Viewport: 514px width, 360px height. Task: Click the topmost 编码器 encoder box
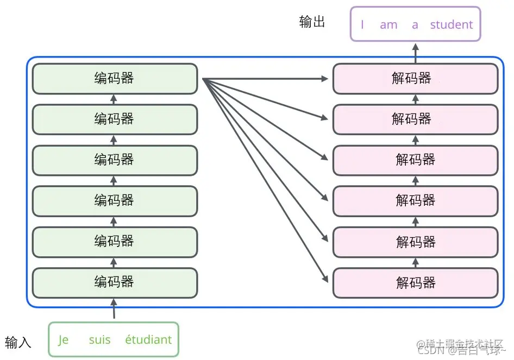[115, 79]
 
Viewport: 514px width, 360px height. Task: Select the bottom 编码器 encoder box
[115, 282]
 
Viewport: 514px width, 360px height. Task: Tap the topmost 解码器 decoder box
[415, 79]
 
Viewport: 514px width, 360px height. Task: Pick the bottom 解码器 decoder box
[415, 283]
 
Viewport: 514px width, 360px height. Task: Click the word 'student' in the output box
[451, 24]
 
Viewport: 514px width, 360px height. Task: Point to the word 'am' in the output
[388, 24]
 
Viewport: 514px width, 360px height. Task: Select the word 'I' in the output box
[362, 24]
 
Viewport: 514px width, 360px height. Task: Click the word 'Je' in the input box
[64, 340]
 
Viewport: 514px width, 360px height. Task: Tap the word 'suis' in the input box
[99, 340]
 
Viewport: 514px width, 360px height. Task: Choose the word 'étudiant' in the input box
[148, 340]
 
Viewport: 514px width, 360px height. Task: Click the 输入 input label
[18, 342]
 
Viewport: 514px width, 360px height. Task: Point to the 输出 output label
[312, 22]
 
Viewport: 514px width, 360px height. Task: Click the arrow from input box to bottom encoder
[114, 310]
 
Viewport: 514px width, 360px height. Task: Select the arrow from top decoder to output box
[416, 52]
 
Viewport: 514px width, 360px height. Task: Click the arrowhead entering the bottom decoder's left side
[325, 280]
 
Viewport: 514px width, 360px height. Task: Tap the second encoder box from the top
[115, 119]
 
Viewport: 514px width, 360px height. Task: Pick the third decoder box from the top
[415, 160]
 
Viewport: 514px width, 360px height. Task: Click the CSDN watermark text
[430, 350]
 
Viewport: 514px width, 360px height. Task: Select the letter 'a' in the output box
[415, 24]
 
